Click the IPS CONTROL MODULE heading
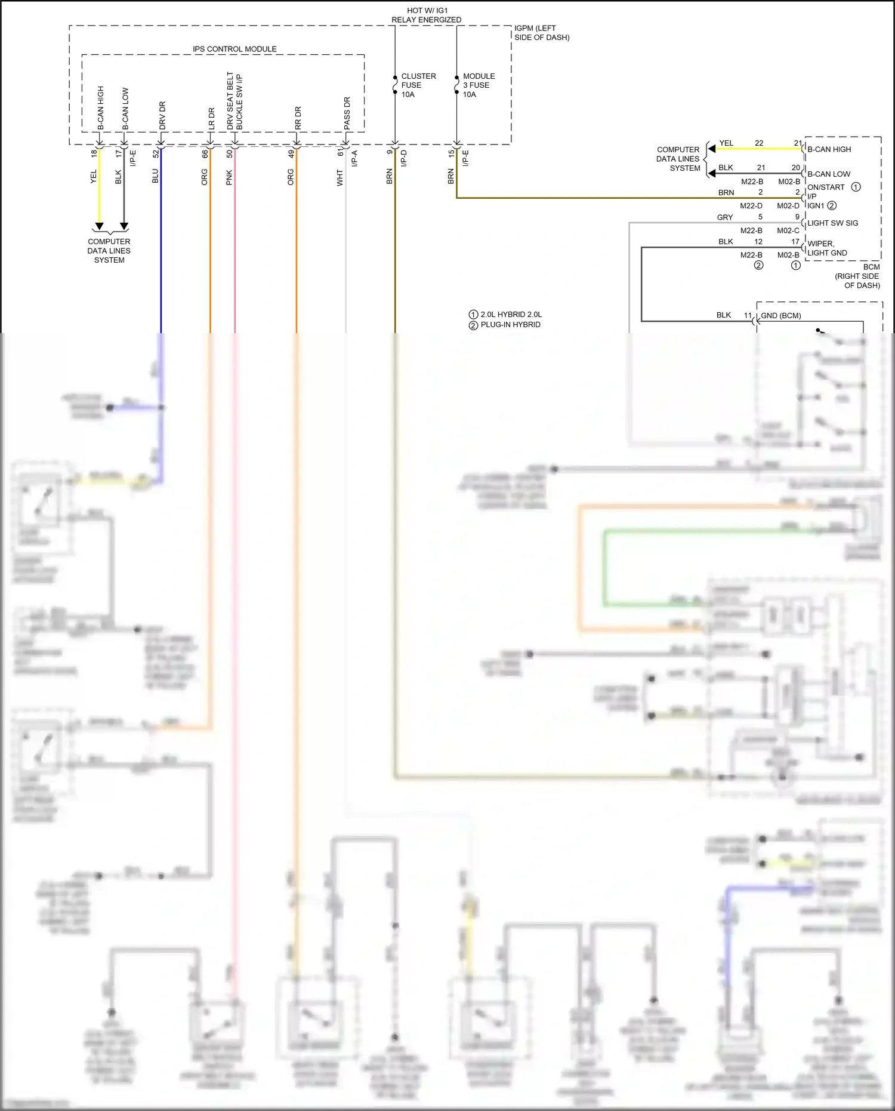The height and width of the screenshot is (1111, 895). pyautogui.click(x=234, y=49)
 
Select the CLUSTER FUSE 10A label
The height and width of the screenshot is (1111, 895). pyautogui.click(x=418, y=85)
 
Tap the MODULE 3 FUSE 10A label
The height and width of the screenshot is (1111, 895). pyautogui.click(x=479, y=85)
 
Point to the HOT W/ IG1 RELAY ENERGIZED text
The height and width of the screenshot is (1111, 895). pyautogui.click(x=426, y=15)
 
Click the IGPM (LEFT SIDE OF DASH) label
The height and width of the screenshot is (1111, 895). pyautogui.click(x=541, y=33)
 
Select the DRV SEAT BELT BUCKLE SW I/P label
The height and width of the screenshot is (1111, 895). pyautogui.click(x=234, y=101)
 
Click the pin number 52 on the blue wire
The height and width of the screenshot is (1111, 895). pyautogui.click(x=156, y=153)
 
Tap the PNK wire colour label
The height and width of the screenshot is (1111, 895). pyautogui.click(x=229, y=177)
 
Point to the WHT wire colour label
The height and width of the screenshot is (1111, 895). pyautogui.click(x=340, y=177)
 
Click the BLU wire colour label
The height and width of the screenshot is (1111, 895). pyautogui.click(x=155, y=176)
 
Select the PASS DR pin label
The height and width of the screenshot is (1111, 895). pyautogui.click(x=347, y=113)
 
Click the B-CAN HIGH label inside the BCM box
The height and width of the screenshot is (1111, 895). pyautogui.click(x=829, y=149)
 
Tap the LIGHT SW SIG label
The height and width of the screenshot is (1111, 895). pyautogui.click(x=832, y=223)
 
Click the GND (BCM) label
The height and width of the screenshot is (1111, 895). pyautogui.click(x=780, y=315)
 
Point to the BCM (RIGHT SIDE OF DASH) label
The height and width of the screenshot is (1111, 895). pyautogui.click(x=858, y=276)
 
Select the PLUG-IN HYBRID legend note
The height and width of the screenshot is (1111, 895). pyautogui.click(x=510, y=325)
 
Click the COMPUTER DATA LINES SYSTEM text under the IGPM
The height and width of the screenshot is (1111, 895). pyautogui.click(x=109, y=251)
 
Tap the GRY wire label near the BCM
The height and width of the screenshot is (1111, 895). pyautogui.click(x=724, y=217)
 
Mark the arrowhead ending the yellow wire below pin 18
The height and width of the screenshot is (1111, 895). pyautogui.click(x=100, y=226)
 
